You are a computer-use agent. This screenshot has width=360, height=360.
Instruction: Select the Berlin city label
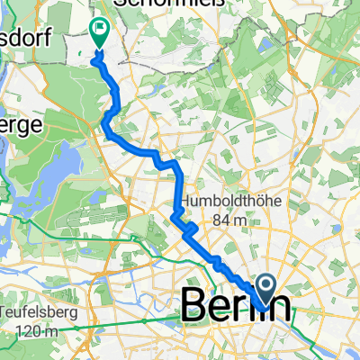[237, 305]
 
